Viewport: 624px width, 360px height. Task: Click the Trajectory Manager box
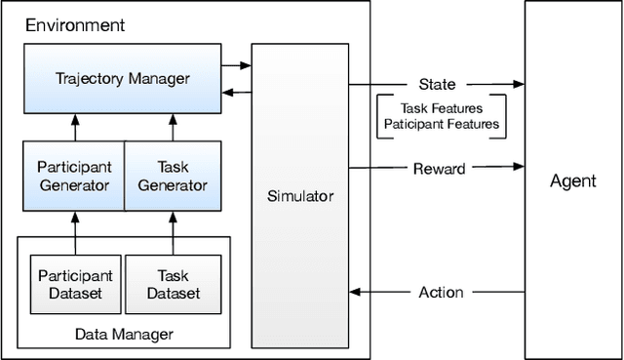[x=123, y=78]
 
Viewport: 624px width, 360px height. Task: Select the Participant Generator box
[x=75, y=176]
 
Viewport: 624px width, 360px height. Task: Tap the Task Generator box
[x=172, y=176]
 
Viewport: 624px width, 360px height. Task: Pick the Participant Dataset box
[x=75, y=284]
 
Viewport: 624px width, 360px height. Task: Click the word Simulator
[x=300, y=196]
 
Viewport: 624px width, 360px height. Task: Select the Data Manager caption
[x=124, y=334]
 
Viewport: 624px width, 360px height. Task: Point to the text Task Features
[x=442, y=109]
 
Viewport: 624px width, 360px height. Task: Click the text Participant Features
[x=442, y=124]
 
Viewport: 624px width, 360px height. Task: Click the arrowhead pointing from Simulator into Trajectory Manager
[x=227, y=92]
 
